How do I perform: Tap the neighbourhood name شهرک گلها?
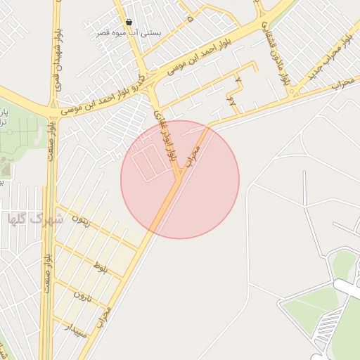(35, 219)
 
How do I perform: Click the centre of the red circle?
(180, 179)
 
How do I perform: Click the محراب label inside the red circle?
(192, 157)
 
